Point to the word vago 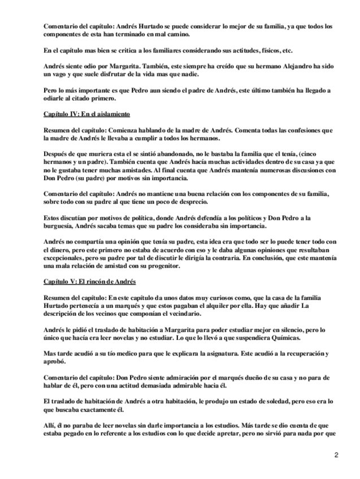click(x=60, y=74)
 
